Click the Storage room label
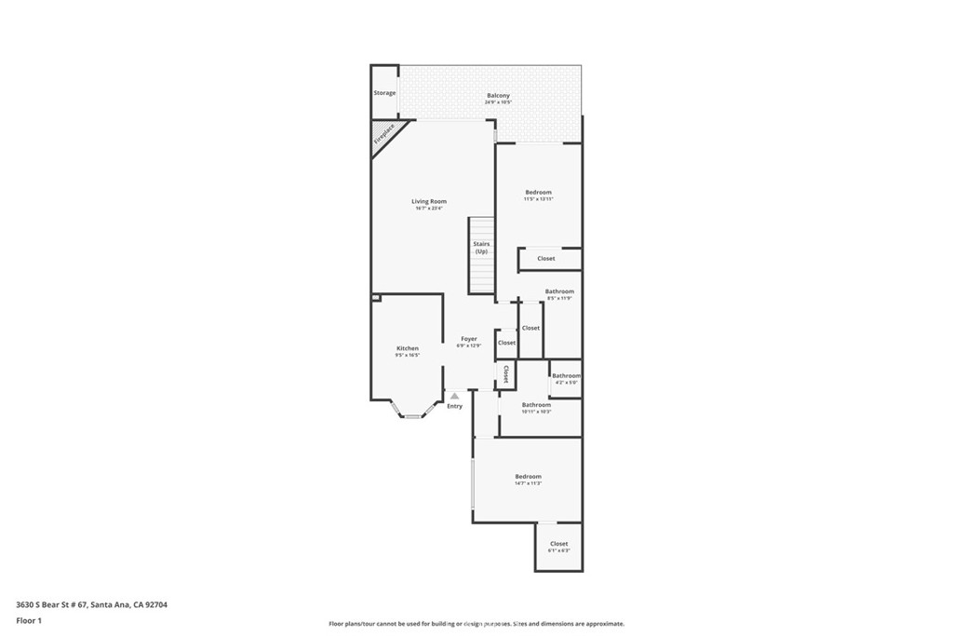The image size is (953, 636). (384, 93)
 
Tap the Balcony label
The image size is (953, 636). (498, 96)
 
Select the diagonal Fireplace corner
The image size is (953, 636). (384, 133)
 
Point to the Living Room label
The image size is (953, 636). (429, 201)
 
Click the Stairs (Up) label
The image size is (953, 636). (481, 248)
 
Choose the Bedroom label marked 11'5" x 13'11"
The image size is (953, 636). (538, 193)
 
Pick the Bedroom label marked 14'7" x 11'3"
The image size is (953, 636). (528, 477)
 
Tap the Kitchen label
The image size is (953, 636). (408, 348)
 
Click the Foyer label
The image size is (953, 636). (468, 339)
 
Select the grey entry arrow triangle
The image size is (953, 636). (454, 396)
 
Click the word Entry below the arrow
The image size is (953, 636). (454, 406)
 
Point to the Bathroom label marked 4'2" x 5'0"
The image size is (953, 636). (566, 375)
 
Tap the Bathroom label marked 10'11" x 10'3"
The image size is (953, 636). (536, 405)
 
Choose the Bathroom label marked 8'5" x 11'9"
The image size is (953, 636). (559, 291)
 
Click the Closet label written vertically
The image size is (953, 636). (505, 374)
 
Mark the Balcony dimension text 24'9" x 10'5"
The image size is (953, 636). (498, 102)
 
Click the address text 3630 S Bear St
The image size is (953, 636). (91, 604)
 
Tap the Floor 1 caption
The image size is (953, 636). (31, 620)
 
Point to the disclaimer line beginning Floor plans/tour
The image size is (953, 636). (476, 624)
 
